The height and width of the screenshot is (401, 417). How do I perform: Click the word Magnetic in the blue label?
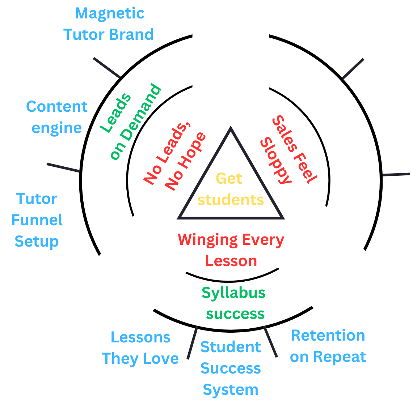[x=110, y=14]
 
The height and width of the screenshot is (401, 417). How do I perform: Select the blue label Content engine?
[x=57, y=117]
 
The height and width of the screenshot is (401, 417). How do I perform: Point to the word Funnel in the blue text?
[x=37, y=220]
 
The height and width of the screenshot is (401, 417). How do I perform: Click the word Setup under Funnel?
[x=37, y=241]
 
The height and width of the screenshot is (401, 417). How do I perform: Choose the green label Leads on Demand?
[x=130, y=122]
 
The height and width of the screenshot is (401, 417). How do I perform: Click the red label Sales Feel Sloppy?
[x=288, y=149]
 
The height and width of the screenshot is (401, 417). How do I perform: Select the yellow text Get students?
[x=230, y=189]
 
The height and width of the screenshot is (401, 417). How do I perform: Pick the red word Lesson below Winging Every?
[x=231, y=261]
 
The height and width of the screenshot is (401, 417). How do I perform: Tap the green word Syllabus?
[x=233, y=293]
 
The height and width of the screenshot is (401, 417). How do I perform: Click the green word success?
[x=235, y=313]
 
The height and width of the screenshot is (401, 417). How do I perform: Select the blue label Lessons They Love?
[x=140, y=348]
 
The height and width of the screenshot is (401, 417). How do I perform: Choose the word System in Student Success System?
[x=231, y=390]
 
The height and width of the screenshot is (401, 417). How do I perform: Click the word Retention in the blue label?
[x=328, y=336]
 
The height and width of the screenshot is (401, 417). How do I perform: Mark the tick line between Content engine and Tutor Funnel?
[x=63, y=168]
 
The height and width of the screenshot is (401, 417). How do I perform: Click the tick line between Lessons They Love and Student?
[x=192, y=343]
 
